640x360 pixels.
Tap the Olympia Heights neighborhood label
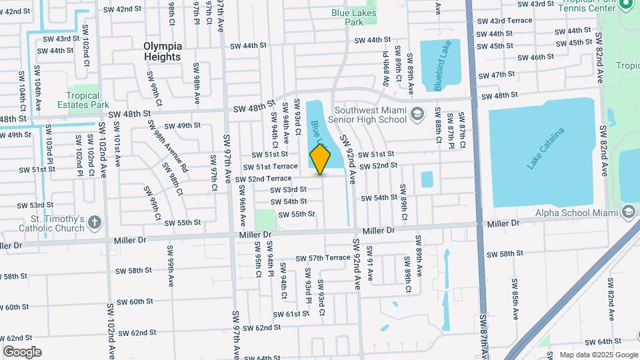[162, 51]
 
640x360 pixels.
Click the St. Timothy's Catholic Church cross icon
[94, 222]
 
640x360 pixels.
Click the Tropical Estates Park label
[88, 100]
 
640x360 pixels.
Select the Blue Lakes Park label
[353, 17]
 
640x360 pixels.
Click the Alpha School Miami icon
[627, 213]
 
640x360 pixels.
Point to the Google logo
[23, 351]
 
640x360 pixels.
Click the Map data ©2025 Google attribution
[598, 355]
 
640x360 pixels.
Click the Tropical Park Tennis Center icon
[625, 5]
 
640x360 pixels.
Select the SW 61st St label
[289, 313]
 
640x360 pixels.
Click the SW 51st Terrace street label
[270, 167]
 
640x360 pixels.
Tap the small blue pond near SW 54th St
[427, 179]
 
